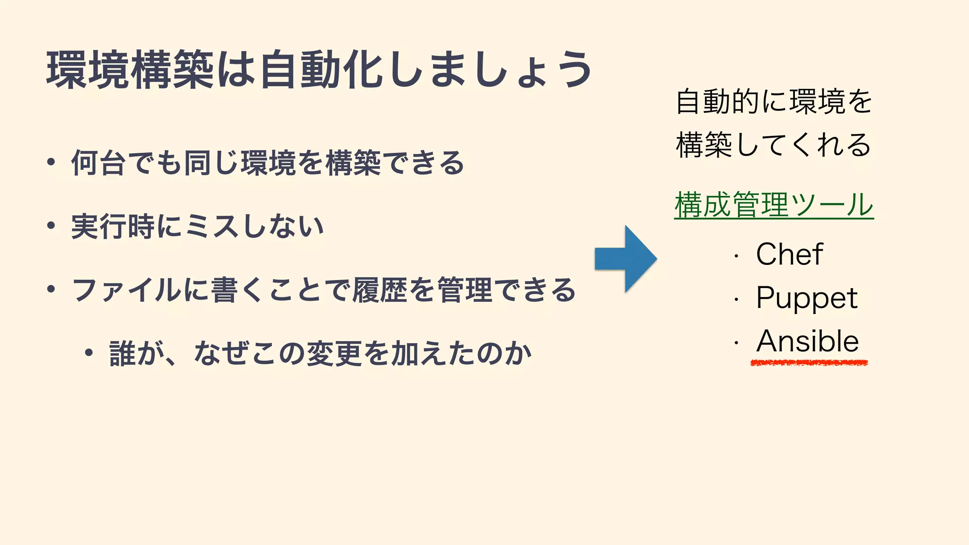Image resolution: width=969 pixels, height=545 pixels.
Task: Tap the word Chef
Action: [x=789, y=254]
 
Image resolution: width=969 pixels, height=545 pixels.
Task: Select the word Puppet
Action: [x=807, y=298]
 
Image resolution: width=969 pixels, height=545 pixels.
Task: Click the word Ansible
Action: [x=807, y=341]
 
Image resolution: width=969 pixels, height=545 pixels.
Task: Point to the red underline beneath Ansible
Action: [x=809, y=363]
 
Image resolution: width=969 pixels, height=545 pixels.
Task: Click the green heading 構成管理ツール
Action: [x=774, y=205]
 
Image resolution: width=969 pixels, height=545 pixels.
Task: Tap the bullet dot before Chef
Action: [x=736, y=256]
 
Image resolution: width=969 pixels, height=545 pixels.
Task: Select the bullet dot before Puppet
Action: [x=736, y=300]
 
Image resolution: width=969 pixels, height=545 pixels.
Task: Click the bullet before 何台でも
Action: [x=51, y=162]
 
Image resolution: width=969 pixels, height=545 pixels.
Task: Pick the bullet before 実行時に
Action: [x=51, y=226]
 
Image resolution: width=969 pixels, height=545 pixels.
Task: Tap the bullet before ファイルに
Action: [x=51, y=289]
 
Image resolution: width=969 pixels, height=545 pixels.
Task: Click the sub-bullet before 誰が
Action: [x=88, y=352]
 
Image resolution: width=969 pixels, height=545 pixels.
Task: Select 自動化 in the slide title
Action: [x=321, y=70]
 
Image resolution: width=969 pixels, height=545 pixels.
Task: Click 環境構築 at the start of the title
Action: [x=130, y=70]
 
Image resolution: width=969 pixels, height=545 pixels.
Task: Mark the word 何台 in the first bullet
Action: [x=98, y=163]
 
